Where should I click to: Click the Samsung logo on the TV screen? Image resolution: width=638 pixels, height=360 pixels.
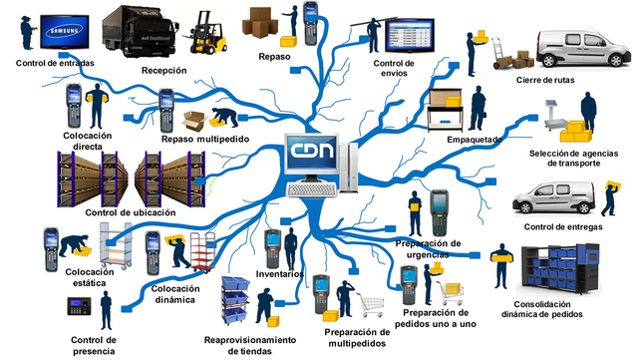point(65,31)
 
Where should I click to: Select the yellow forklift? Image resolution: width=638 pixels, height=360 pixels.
point(204,33)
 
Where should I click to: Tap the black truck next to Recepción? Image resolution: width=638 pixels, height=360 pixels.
point(140,32)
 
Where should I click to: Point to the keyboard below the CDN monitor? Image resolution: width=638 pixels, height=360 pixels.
point(312,189)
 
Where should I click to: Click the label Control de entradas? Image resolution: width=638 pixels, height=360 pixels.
point(55,63)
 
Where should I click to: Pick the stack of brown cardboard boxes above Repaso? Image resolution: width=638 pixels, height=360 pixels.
point(259,22)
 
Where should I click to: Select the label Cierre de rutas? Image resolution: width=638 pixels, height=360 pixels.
point(545,80)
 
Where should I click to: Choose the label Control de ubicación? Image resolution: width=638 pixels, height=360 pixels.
point(131,212)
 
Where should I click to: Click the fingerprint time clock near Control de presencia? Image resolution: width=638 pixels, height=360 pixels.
point(79,306)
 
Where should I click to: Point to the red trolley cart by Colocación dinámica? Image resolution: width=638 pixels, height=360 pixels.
point(202,251)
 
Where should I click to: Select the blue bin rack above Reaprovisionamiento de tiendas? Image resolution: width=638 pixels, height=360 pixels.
point(235,300)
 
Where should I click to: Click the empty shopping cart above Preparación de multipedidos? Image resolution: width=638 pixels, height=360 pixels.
point(371,304)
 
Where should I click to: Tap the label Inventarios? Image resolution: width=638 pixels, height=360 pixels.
point(279,274)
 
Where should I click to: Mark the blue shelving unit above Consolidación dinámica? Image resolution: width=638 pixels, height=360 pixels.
point(560,269)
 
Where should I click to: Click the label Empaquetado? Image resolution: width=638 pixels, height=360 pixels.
point(475,140)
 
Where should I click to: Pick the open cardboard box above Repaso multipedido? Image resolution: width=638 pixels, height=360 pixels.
point(195,121)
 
